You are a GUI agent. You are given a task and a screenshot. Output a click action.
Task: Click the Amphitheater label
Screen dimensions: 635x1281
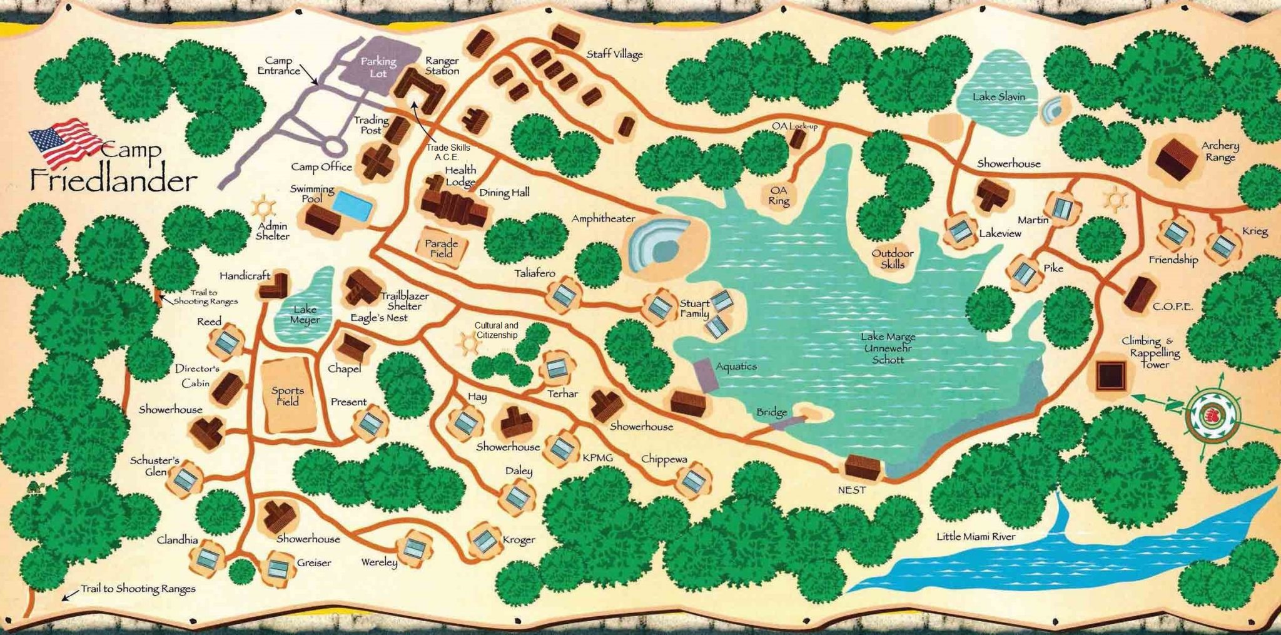[603, 218]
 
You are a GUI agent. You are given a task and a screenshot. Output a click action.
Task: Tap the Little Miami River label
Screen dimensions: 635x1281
[975, 537]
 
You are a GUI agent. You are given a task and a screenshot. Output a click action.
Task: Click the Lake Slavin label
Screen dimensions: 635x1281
[998, 97]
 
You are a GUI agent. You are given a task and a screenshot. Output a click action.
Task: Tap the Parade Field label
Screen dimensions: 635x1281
[442, 248]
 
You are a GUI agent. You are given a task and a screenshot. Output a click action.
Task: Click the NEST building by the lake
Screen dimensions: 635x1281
[863, 467]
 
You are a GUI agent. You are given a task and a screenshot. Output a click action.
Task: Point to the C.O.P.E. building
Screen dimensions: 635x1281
[1140, 293]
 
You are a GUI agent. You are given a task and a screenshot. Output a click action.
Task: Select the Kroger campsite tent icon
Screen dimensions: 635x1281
[484, 541]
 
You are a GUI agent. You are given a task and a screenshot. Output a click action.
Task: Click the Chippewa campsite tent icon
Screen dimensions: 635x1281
[693, 480]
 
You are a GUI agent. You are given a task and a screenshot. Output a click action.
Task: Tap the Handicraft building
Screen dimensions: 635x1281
[275, 286]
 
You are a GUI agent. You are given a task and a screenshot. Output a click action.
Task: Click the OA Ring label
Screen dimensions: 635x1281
[779, 196]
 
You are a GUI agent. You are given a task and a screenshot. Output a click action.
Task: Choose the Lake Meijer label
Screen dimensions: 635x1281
[305, 314]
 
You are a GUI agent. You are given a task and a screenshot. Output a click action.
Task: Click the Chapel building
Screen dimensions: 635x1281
[353, 347]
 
